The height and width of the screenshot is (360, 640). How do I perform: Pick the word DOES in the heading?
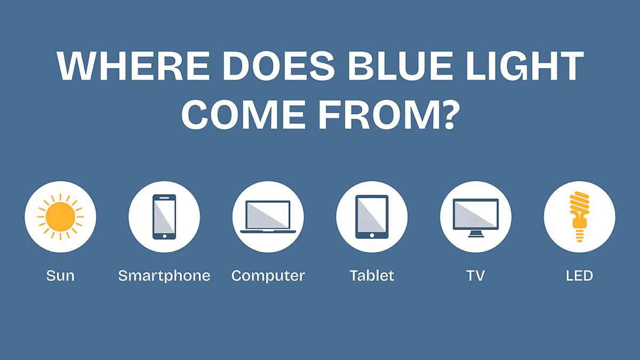tap(278, 66)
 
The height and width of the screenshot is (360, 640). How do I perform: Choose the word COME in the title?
tap(243, 115)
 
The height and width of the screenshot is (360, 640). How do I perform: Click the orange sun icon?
tap(60, 217)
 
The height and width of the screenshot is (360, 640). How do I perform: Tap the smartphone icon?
tap(164, 217)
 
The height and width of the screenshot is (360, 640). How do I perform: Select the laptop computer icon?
tap(268, 217)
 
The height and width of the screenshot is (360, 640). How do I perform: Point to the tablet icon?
tap(372, 217)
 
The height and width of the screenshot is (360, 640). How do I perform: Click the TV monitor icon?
tap(476, 218)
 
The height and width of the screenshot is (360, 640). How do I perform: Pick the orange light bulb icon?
tap(579, 217)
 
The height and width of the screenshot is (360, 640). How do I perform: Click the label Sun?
tap(60, 276)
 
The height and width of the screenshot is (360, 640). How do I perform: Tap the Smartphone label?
tap(164, 276)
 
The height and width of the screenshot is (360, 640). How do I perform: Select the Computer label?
tap(268, 276)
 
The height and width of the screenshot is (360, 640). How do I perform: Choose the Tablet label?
tap(372, 275)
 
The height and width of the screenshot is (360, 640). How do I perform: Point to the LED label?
tap(579, 276)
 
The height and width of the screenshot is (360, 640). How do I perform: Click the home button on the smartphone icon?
tap(164, 236)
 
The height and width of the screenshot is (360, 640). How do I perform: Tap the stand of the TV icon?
tap(476, 234)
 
